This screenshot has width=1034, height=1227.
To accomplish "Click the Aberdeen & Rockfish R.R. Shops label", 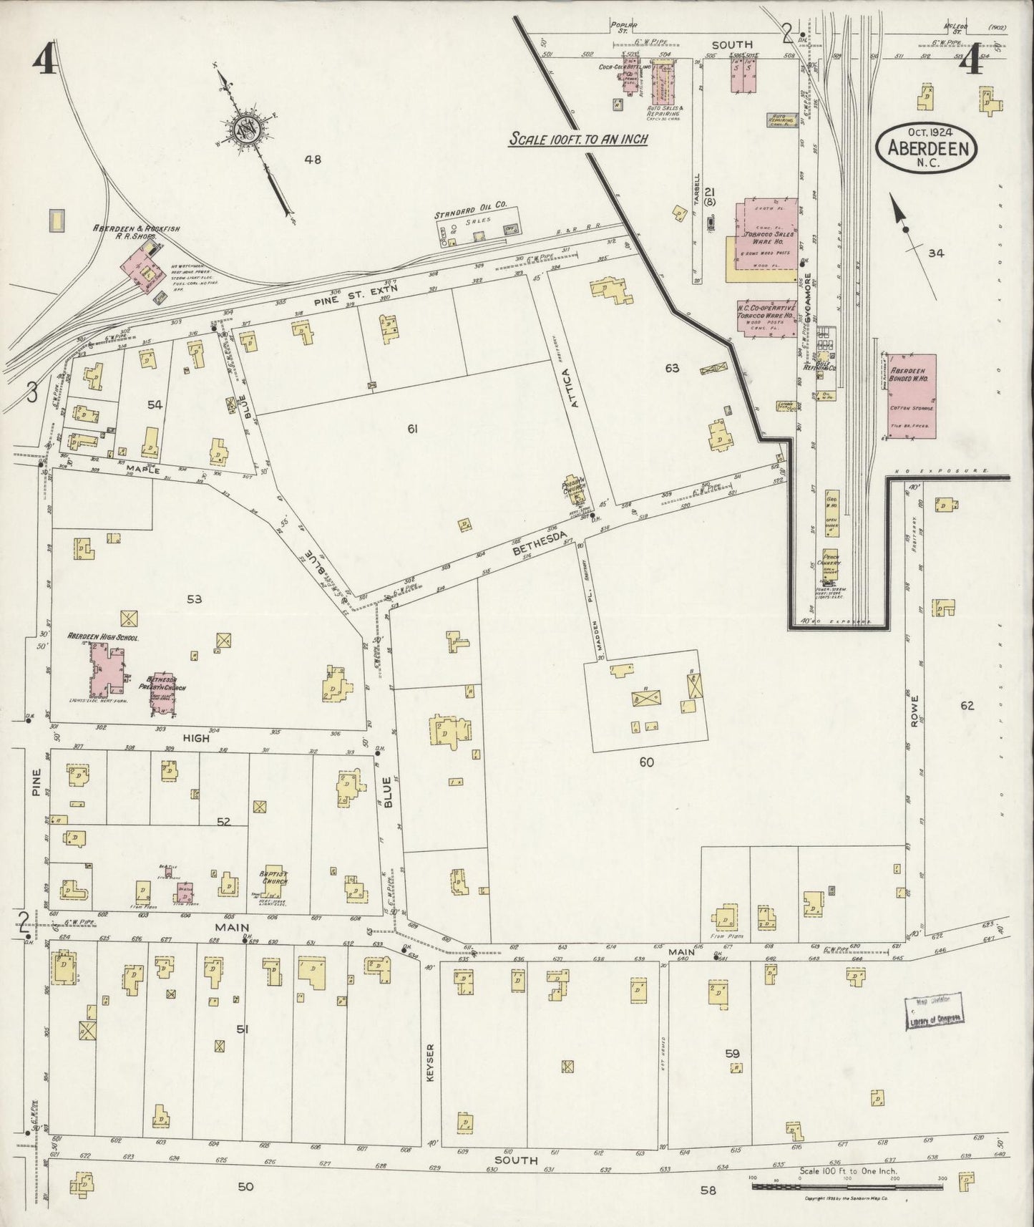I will [x=135, y=232].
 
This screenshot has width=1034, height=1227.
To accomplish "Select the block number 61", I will [x=411, y=429].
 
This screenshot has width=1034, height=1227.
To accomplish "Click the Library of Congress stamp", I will [x=934, y=1012].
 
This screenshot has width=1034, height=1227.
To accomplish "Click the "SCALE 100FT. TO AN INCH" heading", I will [x=577, y=139].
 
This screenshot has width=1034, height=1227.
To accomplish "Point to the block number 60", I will [x=646, y=762].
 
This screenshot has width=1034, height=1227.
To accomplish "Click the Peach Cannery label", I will [x=831, y=561].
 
